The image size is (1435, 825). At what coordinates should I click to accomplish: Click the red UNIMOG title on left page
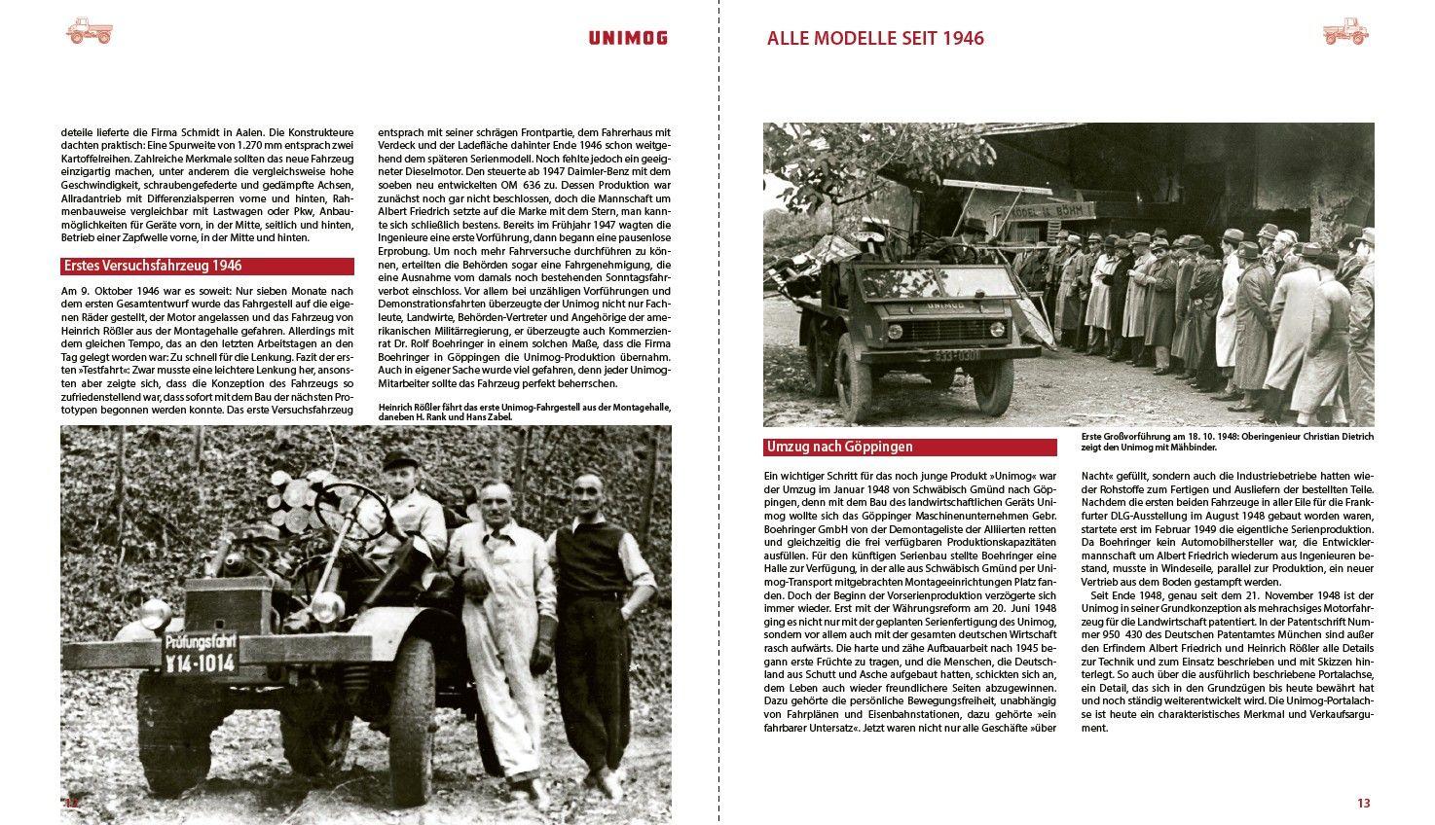(627, 38)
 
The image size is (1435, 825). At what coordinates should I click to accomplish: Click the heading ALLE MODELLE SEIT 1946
(875, 39)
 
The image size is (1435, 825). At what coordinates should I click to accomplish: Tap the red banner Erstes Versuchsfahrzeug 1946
(206, 266)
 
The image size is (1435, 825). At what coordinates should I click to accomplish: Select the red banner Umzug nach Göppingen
(910, 448)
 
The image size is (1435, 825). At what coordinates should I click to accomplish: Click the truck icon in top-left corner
(90, 31)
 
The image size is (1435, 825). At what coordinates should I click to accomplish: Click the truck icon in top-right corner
(1345, 31)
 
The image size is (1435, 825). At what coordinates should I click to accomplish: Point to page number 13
(1363, 803)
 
